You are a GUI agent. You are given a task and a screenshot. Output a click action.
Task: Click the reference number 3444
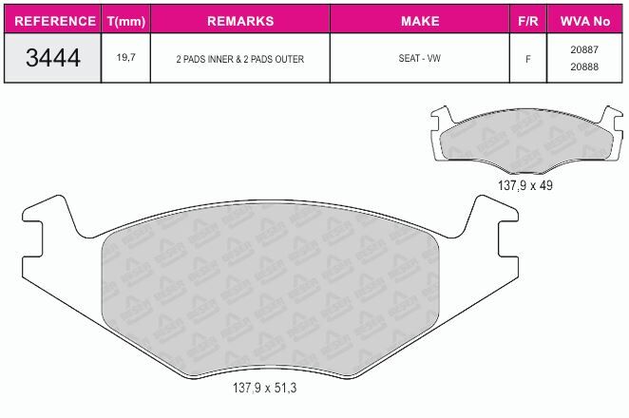[53, 58]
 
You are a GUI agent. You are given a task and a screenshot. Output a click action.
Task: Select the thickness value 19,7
[126, 57]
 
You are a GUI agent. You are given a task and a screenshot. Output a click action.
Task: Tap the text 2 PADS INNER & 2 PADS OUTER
[240, 59]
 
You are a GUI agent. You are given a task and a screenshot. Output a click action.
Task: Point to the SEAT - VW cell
[420, 58]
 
